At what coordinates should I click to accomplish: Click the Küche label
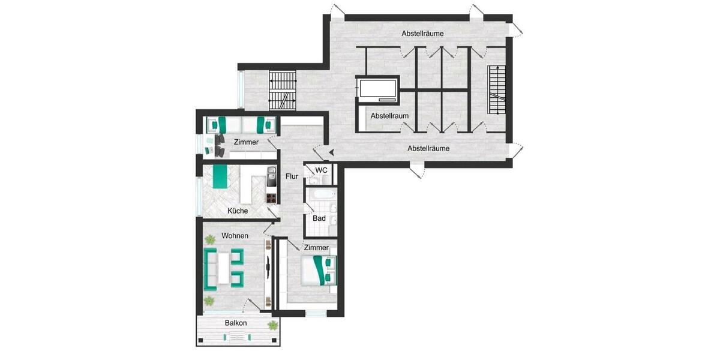click(238, 211)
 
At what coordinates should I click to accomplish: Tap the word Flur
click(292, 176)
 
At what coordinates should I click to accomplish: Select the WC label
click(322, 170)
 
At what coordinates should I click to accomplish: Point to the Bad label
click(319, 218)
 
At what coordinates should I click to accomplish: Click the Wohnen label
click(235, 236)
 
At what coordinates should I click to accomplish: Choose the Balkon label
click(236, 323)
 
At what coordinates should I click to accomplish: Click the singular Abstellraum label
click(389, 115)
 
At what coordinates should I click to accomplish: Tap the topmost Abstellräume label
click(422, 34)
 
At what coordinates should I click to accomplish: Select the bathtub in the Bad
click(319, 195)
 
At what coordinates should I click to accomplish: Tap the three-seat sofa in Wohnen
click(211, 268)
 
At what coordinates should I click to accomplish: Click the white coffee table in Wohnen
click(224, 268)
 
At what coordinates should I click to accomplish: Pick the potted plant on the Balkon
click(273, 325)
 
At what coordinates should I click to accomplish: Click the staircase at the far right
click(497, 89)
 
